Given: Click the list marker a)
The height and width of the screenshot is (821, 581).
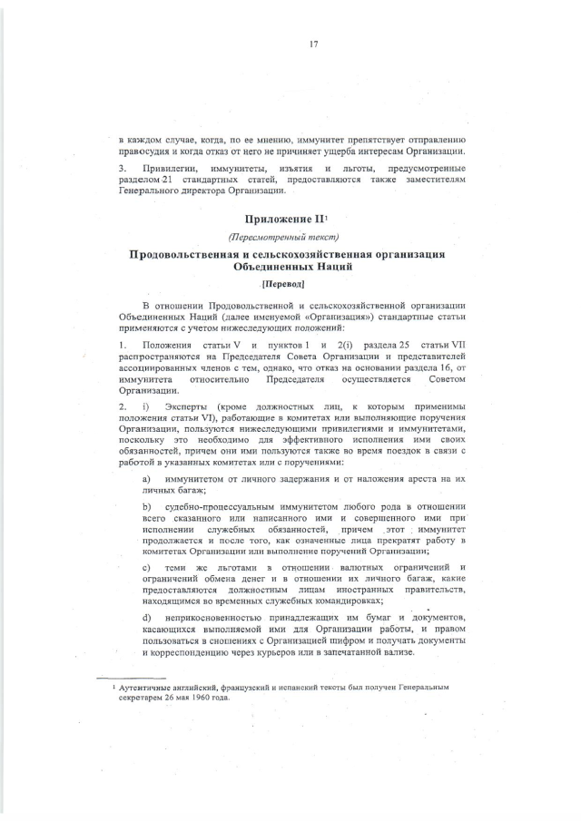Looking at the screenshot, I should pos(146,477).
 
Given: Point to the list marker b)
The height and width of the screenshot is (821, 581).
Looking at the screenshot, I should pos(146,504).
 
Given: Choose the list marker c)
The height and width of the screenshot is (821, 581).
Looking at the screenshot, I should pos(146,567).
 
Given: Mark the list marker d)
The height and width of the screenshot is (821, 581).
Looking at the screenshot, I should pos(146,617).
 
